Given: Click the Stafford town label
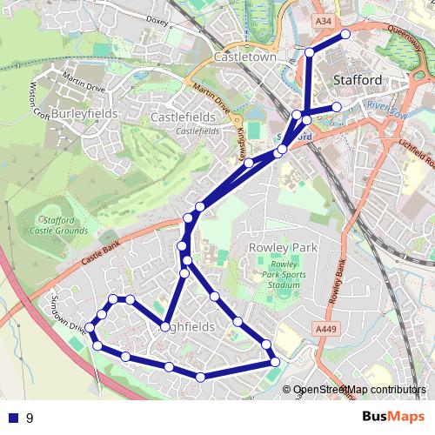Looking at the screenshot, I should tap(358, 80).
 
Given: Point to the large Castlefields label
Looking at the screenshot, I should tap(183, 116).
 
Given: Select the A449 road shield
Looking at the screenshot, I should tap(325, 328).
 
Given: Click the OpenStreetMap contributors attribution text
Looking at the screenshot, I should tap(358, 390).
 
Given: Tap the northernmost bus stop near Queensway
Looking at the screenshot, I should tap(345, 34).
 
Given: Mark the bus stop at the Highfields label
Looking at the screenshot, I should tap(164, 328).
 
